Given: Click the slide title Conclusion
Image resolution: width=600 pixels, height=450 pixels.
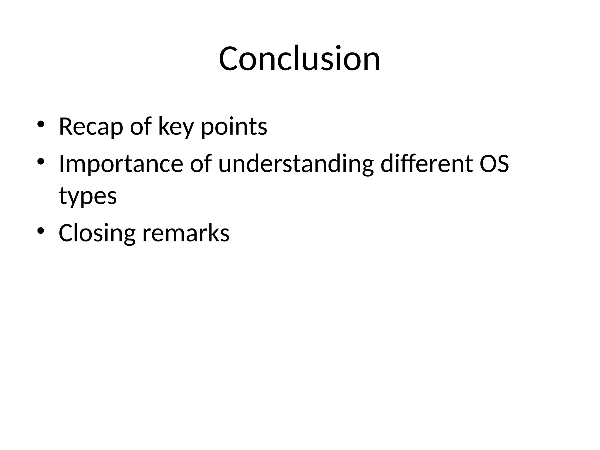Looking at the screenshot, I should pos(299,59).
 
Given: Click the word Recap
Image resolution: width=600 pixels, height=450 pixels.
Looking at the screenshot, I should pos(91,127).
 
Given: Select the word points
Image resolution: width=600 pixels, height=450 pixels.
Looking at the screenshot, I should pos(234,127).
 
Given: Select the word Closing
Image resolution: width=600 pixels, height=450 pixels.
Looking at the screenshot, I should pos(97,233).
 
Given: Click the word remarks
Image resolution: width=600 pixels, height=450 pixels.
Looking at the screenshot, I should pos(186,233).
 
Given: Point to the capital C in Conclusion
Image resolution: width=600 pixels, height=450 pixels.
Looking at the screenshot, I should pos(229,59).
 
